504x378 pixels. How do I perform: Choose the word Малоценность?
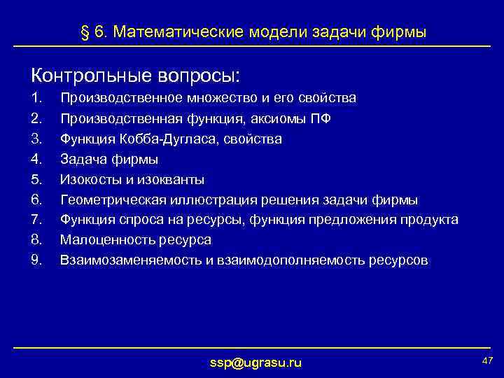104,240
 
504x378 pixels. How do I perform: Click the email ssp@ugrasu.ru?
255,362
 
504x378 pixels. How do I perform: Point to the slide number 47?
488,359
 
